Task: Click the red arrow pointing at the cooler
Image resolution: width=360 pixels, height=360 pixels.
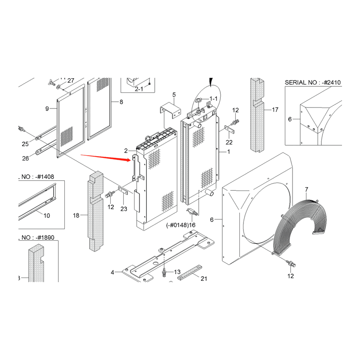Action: (106, 157)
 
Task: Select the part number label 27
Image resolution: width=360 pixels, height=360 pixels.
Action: (71, 81)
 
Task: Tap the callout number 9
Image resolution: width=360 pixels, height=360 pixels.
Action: (47, 108)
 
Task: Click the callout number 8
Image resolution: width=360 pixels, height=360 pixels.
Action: (121, 102)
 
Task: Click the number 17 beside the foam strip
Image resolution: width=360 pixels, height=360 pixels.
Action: (275, 109)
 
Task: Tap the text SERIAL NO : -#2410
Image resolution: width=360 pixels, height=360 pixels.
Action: (313, 82)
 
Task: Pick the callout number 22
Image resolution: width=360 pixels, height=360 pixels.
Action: (229, 143)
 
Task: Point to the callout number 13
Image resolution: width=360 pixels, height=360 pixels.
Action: (177, 272)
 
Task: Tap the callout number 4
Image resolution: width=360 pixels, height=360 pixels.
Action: (112, 272)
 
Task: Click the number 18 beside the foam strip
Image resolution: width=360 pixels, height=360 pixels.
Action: (76, 216)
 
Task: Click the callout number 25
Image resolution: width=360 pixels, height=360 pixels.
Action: (25, 144)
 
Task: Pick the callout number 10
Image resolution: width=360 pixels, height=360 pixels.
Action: (47, 216)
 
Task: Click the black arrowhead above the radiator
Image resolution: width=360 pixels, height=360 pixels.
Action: (210, 81)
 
